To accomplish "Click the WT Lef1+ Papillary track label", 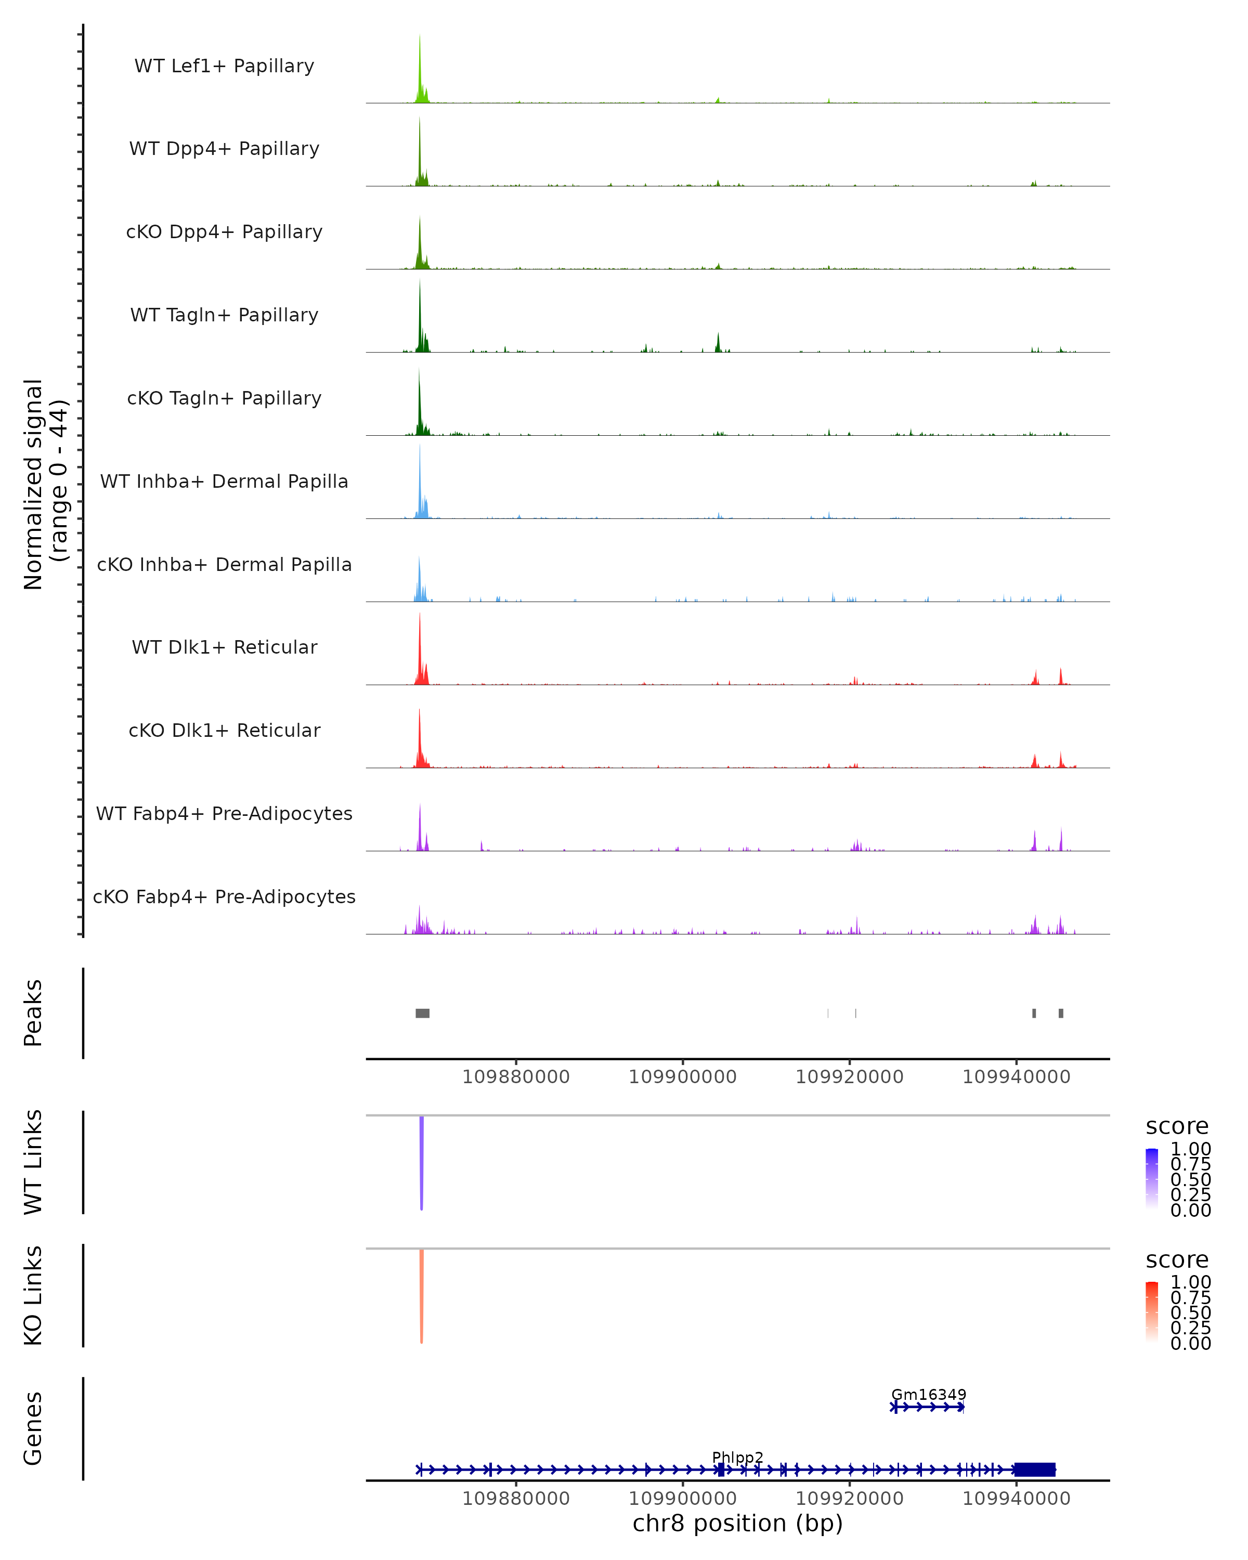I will point(224,66).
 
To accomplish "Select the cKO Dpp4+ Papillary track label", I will point(224,231).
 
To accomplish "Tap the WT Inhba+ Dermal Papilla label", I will point(224,481).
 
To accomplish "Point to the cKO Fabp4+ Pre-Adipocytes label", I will point(224,896).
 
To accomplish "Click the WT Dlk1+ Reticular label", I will point(224,647).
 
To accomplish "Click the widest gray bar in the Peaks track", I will point(423,1013).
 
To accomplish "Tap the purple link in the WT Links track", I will point(422,1161).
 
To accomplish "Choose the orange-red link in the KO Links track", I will point(422,1295).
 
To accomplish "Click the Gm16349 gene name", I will point(928,1394).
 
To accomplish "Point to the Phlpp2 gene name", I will point(737,1457).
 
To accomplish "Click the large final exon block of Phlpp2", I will point(1035,1470).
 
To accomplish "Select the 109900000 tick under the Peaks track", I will point(682,1077).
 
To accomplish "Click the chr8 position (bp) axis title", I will point(737,1523).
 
